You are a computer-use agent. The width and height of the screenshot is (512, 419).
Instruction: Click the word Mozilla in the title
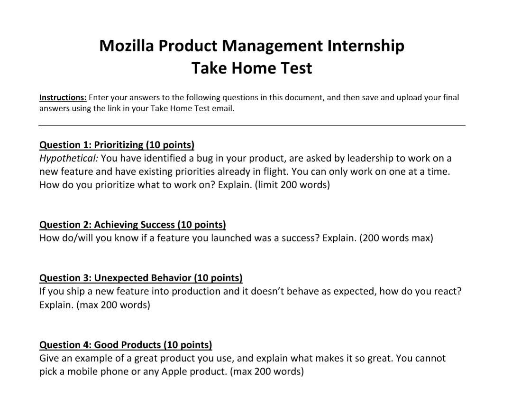pos(127,46)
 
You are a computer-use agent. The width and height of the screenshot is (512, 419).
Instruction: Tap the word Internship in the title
pos(366,46)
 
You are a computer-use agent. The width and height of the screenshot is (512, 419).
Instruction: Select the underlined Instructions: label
pos(63,97)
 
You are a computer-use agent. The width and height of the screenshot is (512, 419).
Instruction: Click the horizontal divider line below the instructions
pos(252,125)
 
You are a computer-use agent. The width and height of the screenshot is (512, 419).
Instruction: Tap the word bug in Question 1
pos(204,159)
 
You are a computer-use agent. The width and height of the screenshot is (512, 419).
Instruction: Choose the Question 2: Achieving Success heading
pos(133,225)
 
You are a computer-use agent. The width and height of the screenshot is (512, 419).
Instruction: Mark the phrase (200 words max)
pos(396,238)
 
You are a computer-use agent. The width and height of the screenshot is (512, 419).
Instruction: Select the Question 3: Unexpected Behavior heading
pos(141,278)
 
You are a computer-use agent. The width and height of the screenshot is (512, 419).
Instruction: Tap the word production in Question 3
pos(196,291)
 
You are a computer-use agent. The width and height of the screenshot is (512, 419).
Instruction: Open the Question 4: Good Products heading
pos(126,345)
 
